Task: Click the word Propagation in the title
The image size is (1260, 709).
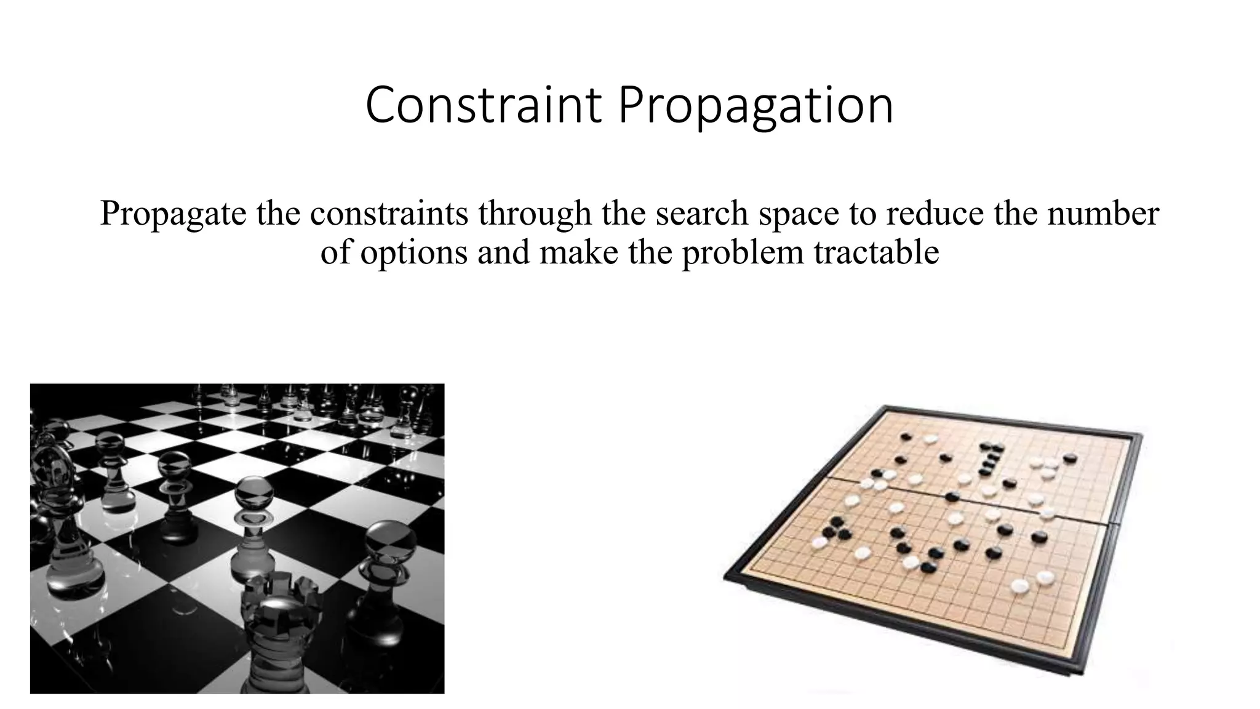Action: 756,106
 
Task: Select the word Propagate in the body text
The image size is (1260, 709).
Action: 173,214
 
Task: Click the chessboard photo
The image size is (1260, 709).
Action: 237,539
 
